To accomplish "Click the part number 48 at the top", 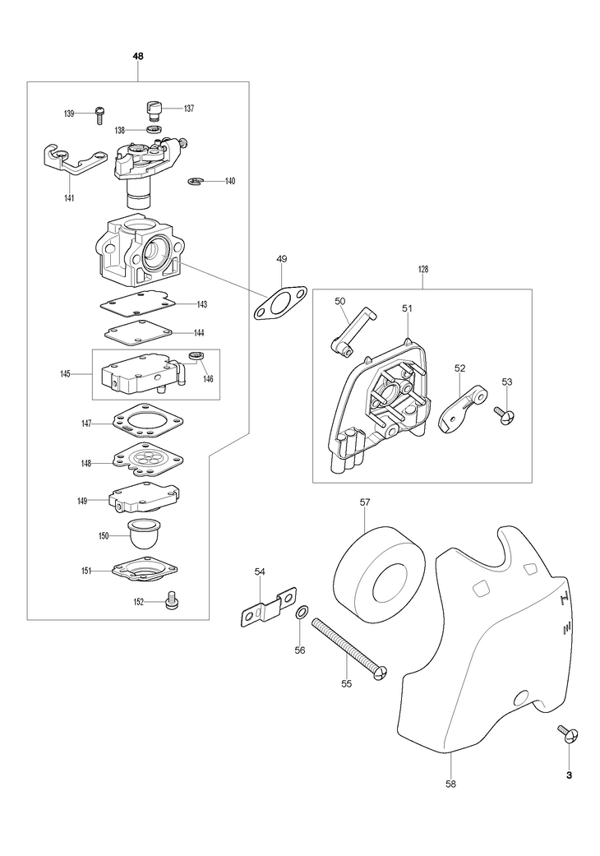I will coord(137,56).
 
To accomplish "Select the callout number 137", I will coord(188,109).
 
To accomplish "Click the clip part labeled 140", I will coord(196,182).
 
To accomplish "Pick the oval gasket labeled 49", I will coord(279,301).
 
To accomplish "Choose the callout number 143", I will coord(201,304).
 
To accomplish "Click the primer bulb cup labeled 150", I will coord(146,535).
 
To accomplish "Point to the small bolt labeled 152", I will coord(173,601).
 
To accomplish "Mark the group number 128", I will coord(423,269).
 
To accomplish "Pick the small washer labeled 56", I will coord(302,613).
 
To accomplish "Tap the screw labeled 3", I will coord(567,733).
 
